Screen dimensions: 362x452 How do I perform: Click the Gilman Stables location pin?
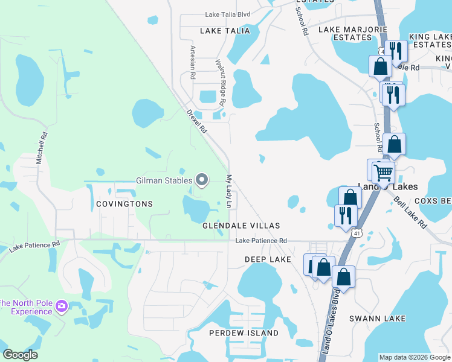(x=202, y=180)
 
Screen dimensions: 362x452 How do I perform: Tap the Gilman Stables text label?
(x=163, y=180)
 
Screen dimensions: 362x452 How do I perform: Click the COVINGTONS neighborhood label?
(x=124, y=204)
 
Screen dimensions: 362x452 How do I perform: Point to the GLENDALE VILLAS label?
(x=241, y=226)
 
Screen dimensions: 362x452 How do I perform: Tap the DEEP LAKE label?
(x=268, y=259)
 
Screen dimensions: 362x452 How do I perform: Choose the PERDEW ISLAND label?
(x=244, y=333)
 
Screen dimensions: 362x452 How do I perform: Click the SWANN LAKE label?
(x=377, y=318)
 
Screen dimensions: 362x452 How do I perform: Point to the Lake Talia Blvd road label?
(x=227, y=14)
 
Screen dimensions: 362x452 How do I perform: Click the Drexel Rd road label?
(x=197, y=121)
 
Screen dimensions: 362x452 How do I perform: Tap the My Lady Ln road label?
(x=229, y=192)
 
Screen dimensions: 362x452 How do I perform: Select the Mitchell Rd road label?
(x=41, y=149)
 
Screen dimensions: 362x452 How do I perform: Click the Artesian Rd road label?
(x=193, y=63)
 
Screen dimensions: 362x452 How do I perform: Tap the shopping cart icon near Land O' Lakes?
(x=383, y=173)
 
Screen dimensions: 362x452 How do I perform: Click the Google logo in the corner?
(x=20, y=355)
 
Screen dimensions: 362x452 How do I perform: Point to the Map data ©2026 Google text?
(x=415, y=357)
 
